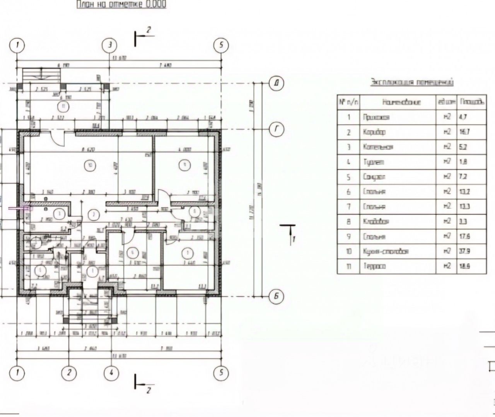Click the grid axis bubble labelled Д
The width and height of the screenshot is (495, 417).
tap(277, 83)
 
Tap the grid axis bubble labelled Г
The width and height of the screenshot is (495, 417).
tap(277, 130)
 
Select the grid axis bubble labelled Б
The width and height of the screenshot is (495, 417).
tap(277, 297)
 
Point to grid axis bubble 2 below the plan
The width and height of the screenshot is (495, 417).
tap(69, 373)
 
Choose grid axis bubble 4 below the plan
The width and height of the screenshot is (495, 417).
tap(111, 373)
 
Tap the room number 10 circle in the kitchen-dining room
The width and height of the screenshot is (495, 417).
tap(90, 166)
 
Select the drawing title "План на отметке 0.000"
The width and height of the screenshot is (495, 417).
tap(121, 5)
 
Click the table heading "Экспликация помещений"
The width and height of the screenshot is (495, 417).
tap(412, 82)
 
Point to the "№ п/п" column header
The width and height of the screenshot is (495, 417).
tap(348, 102)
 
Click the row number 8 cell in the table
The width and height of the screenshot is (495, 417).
tap(348, 222)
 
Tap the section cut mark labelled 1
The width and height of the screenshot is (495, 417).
tap(289, 234)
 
